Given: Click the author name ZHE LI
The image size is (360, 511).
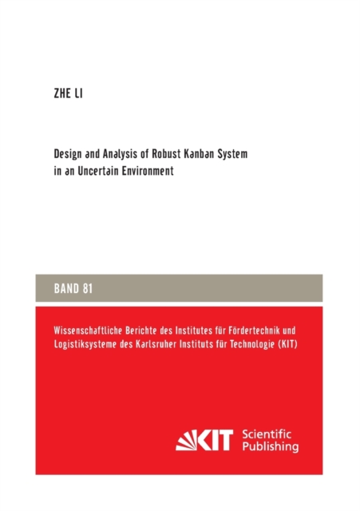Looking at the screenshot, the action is [x=68, y=95].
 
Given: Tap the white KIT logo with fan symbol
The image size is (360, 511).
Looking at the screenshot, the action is [x=204, y=441].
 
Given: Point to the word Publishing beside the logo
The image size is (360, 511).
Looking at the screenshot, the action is [x=269, y=448].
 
